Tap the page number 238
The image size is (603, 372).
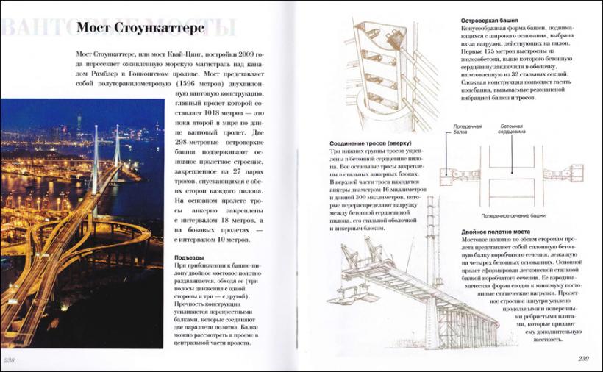pyautogui.click(x=11, y=360)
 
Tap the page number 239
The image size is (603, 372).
pyautogui.click(x=583, y=359)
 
